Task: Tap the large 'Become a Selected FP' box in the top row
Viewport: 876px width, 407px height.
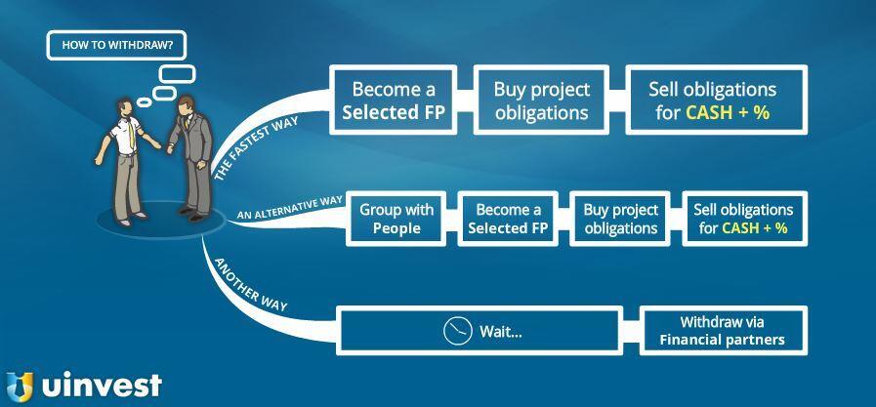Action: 394,101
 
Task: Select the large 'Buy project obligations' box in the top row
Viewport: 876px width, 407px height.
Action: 541,101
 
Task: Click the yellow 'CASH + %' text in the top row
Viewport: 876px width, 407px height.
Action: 728,113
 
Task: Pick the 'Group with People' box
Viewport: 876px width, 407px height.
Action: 396,219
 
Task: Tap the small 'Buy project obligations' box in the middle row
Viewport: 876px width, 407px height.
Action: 620,219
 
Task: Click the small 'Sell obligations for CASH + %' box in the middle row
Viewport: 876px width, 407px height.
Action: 742,219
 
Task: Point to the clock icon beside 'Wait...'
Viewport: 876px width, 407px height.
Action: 457,331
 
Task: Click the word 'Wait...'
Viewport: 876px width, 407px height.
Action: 500,332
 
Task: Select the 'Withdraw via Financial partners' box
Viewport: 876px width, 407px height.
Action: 722,331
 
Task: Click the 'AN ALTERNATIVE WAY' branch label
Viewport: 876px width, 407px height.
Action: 290,206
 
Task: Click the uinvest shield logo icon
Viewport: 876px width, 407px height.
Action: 20,386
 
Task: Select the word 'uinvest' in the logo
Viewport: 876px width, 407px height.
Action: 102,386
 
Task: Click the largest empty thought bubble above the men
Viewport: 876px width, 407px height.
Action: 176,73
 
